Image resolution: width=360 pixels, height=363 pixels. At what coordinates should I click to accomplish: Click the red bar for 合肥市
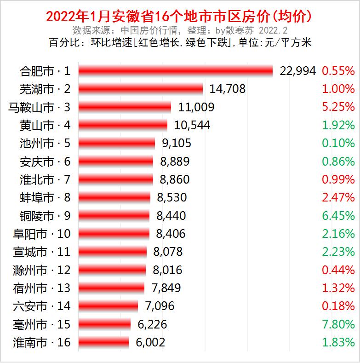click(176, 71)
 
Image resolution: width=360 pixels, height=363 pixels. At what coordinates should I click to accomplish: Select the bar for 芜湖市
click(140, 89)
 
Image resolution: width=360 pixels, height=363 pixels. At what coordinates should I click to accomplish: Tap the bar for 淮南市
click(103, 343)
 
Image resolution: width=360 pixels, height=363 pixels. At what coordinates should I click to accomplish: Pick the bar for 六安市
click(108, 306)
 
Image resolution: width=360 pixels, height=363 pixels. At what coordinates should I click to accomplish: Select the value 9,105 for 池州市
click(177, 143)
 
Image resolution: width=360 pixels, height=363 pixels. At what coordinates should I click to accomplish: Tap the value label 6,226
click(151, 324)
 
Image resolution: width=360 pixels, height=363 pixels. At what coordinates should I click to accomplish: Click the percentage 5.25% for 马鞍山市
click(338, 107)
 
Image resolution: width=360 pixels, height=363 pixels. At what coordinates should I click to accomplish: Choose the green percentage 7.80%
click(338, 324)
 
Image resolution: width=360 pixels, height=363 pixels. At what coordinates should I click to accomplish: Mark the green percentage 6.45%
click(338, 216)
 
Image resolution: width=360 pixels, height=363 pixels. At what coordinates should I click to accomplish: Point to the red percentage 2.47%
click(338, 198)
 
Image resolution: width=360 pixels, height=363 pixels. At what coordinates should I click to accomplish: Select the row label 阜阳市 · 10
click(42, 234)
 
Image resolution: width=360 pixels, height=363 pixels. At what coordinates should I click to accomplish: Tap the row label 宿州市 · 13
click(42, 288)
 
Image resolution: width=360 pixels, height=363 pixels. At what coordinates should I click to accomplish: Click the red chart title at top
click(180, 17)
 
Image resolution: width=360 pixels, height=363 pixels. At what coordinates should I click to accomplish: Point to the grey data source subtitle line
click(180, 30)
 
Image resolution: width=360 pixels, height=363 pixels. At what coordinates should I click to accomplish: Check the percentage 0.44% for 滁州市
click(338, 270)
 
